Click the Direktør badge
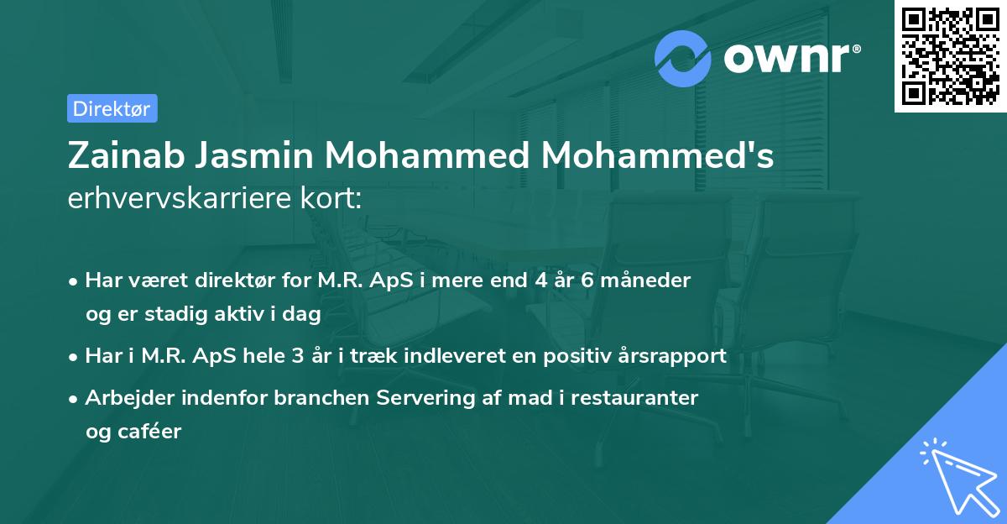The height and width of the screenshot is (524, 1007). [112, 107]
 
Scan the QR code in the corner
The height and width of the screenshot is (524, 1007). [950, 55]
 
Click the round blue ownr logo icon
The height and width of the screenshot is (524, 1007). [683, 58]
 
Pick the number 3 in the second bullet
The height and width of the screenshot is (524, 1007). [297, 356]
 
